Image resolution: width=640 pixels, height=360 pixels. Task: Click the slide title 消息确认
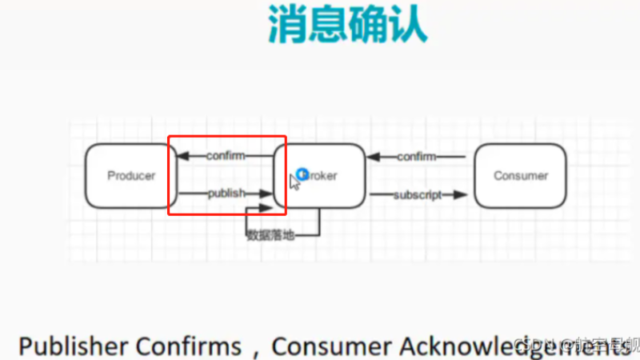click(x=347, y=26)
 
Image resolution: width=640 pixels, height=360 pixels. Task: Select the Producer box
click(x=131, y=176)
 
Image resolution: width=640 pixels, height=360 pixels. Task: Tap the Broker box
click(x=320, y=176)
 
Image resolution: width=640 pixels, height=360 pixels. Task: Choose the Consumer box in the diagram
click(x=521, y=176)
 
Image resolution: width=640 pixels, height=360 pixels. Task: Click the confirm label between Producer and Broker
click(x=226, y=155)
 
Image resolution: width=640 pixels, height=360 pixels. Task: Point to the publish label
click(x=226, y=194)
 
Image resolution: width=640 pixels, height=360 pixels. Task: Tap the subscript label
click(x=417, y=195)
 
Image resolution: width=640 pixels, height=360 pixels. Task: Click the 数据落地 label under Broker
click(x=270, y=235)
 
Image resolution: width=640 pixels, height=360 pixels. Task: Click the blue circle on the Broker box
click(x=302, y=174)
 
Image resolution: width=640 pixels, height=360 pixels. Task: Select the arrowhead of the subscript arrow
click(x=460, y=195)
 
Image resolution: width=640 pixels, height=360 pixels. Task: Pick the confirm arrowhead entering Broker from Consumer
click(x=373, y=157)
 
